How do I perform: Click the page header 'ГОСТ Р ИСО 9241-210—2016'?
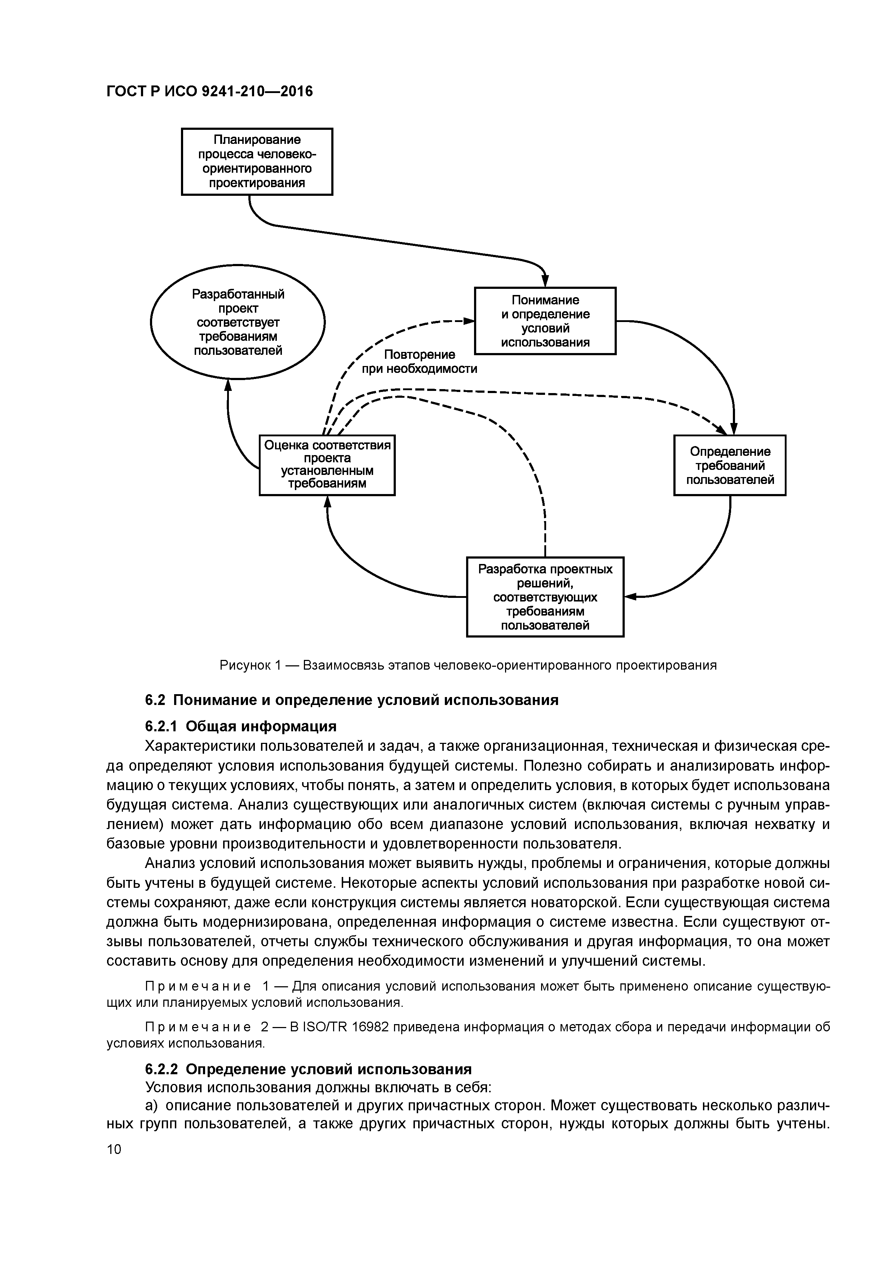(x=209, y=91)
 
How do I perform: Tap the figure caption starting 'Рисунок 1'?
(x=468, y=665)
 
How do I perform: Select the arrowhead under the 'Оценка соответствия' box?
(x=327, y=501)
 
